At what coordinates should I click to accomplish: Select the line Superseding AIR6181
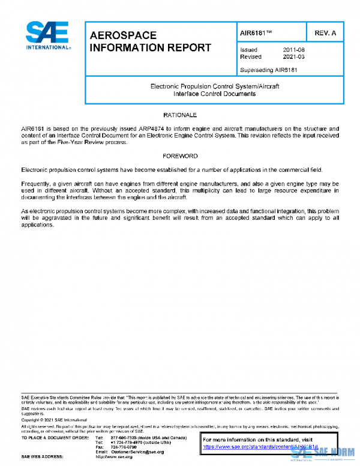tap(269, 70)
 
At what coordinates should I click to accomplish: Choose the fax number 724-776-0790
tap(124, 446)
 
